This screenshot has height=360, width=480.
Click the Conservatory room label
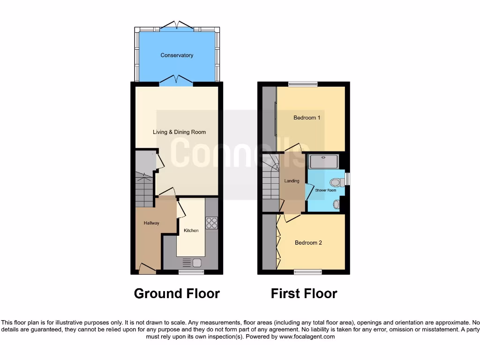[177, 55]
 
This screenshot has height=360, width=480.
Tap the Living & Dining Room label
[179, 132]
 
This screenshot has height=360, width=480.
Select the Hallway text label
[151, 223]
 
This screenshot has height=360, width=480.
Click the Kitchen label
[191, 231]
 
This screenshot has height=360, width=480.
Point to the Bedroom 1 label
[307, 118]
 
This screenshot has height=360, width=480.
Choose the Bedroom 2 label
[308, 243]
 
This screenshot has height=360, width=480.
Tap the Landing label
[292, 181]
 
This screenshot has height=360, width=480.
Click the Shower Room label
[325, 190]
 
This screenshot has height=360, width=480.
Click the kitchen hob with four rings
[211, 223]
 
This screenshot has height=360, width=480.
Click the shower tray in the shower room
[323, 162]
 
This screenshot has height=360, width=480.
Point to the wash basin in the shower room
[336, 204]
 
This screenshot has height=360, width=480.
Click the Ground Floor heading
[177, 294]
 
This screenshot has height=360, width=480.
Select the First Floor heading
[304, 294]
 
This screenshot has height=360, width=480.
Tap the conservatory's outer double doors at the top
[176, 25]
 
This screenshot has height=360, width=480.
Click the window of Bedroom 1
[302, 84]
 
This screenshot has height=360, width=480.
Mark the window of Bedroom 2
[308, 272]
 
